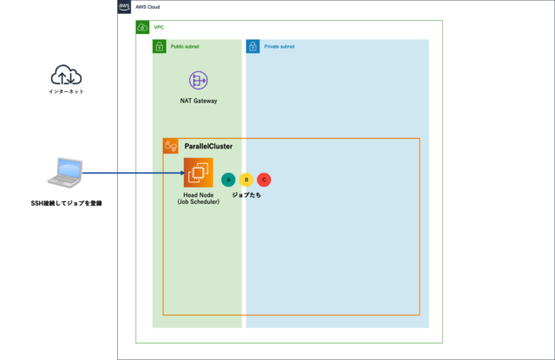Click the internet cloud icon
pos(67,75)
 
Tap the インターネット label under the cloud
pos(67,92)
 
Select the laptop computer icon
pos(67,173)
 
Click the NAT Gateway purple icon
pos(199,81)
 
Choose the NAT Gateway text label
pos(199,101)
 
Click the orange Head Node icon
pos(199,173)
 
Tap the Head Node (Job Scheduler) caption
pos(199,200)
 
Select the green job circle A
pos(228,180)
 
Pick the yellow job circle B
pos(246,180)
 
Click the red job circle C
pos(264,180)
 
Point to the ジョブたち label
pos(246,195)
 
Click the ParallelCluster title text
pos(207,147)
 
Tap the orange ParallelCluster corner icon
pos(171,147)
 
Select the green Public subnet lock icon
pos(160,46)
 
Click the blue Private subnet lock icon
pos(252,46)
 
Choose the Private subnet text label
pos(278,46)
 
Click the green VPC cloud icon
pos(142,28)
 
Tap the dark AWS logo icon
pos(124,7)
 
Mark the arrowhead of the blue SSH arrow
pos(180,173)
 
